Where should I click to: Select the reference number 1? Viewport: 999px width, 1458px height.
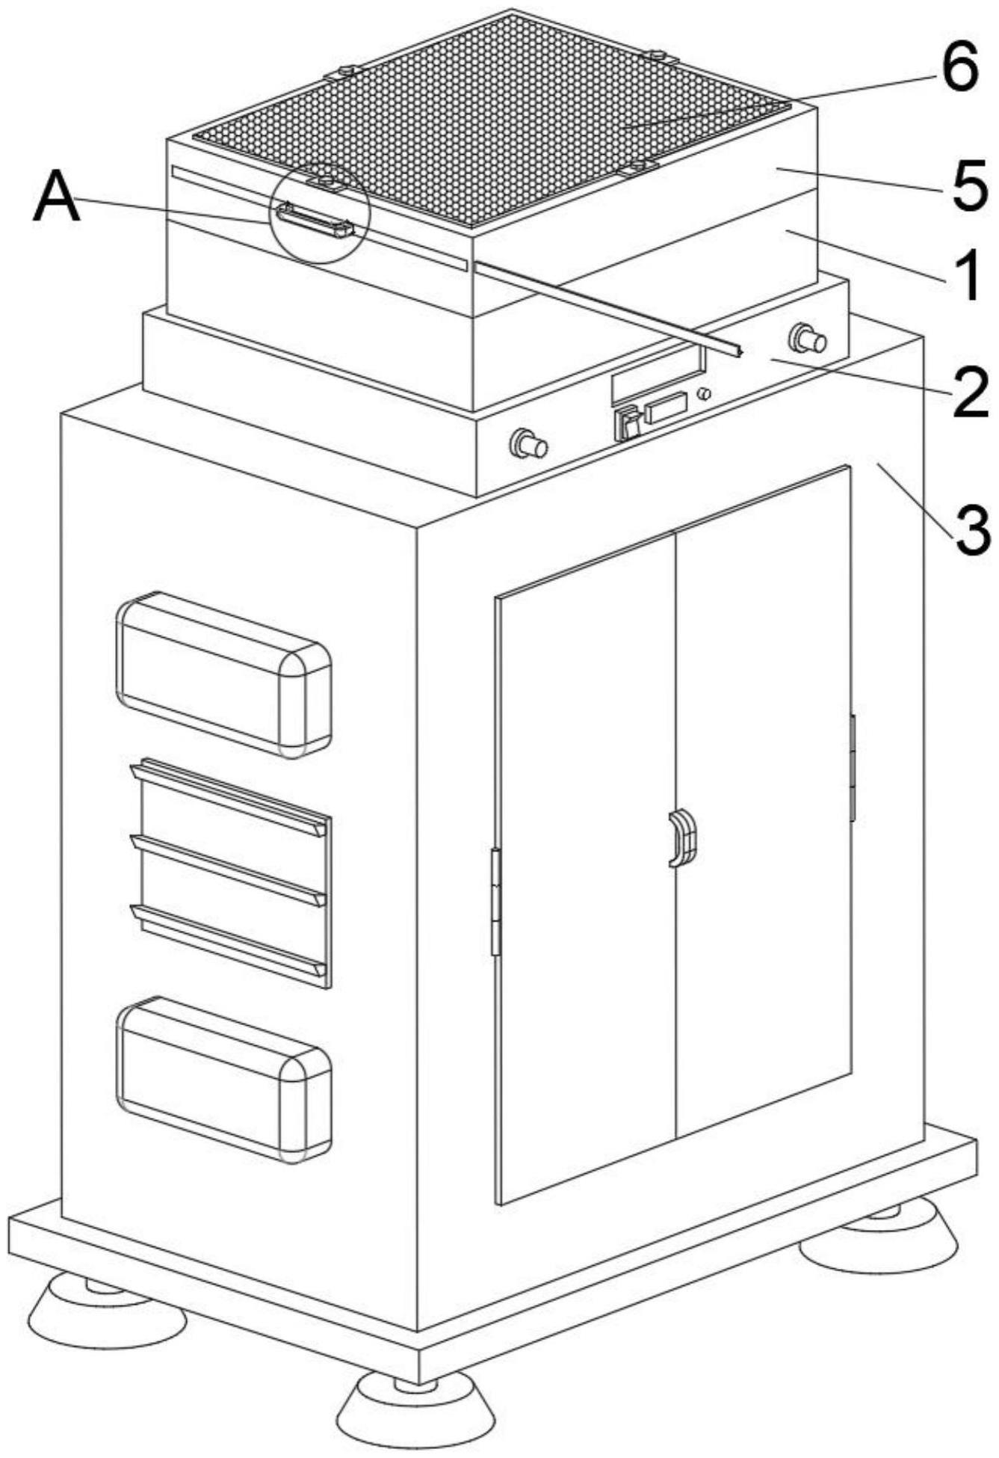pyautogui.click(x=969, y=276)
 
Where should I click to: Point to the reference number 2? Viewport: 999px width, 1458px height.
pyautogui.click(x=970, y=394)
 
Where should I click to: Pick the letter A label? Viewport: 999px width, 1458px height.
pyautogui.click(x=57, y=197)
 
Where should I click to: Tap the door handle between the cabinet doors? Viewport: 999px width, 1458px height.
pyautogui.click(x=681, y=839)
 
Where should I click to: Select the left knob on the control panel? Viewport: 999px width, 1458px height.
pyautogui.click(x=528, y=446)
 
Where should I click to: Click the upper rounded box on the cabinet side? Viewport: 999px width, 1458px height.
pyautogui.click(x=223, y=674)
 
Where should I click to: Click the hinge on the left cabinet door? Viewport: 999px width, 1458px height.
pyautogui.click(x=495, y=902)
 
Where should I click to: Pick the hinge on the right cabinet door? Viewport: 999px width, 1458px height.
pyautogui.click(x=852, y=767)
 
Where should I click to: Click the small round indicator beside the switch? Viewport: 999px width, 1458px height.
pyautogui.click(x=702, y=393)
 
